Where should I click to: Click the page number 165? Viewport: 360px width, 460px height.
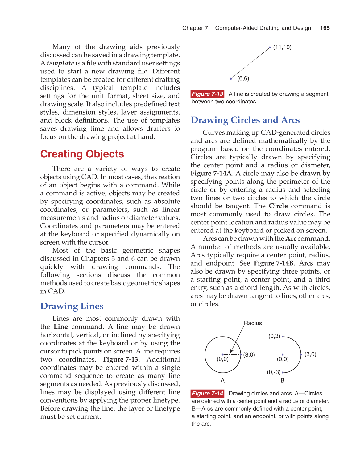[325, 28]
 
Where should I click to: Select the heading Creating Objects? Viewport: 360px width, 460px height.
[82, 154]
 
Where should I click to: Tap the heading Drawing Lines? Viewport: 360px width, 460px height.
[72, 306]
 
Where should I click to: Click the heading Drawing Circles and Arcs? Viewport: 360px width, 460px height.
[245, 120]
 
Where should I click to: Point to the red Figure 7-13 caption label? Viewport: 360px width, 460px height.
[207, 94]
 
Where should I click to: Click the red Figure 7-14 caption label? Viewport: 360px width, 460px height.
[207, 393]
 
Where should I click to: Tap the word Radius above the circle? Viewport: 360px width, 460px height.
[253, 323]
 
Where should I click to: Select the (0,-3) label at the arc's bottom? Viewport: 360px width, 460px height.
[274, 372]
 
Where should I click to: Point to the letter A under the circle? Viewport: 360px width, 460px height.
[223, 381]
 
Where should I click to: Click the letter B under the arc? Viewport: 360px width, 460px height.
[283, 381]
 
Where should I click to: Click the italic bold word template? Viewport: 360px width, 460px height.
[60, 63]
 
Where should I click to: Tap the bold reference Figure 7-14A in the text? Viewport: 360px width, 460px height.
[211, 174]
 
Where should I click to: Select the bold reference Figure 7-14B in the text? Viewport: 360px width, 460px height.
[274, 263]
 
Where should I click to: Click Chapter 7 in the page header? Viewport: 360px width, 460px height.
[195, 28]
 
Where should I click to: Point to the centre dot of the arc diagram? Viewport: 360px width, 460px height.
[283, 355]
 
